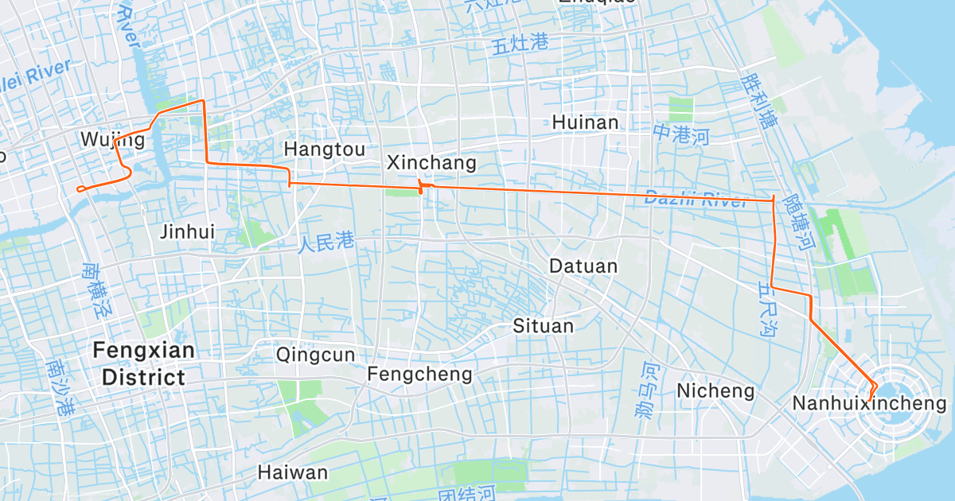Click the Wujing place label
pos(113,141)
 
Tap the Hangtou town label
pos(325,150)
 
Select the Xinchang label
pos(431,163)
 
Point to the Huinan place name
pos(585,122)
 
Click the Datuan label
pos(583,266)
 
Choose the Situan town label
pos(543,326)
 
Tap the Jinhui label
pos(188,232)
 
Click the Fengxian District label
pos(144,363)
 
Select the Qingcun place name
pos(315,355)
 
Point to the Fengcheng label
pos(419,374)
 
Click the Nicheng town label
pos(715,391)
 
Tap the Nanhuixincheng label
pos(870,404)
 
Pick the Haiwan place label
pos(292,472)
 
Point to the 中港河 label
pos(680,135)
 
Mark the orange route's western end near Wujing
pos(78,188)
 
